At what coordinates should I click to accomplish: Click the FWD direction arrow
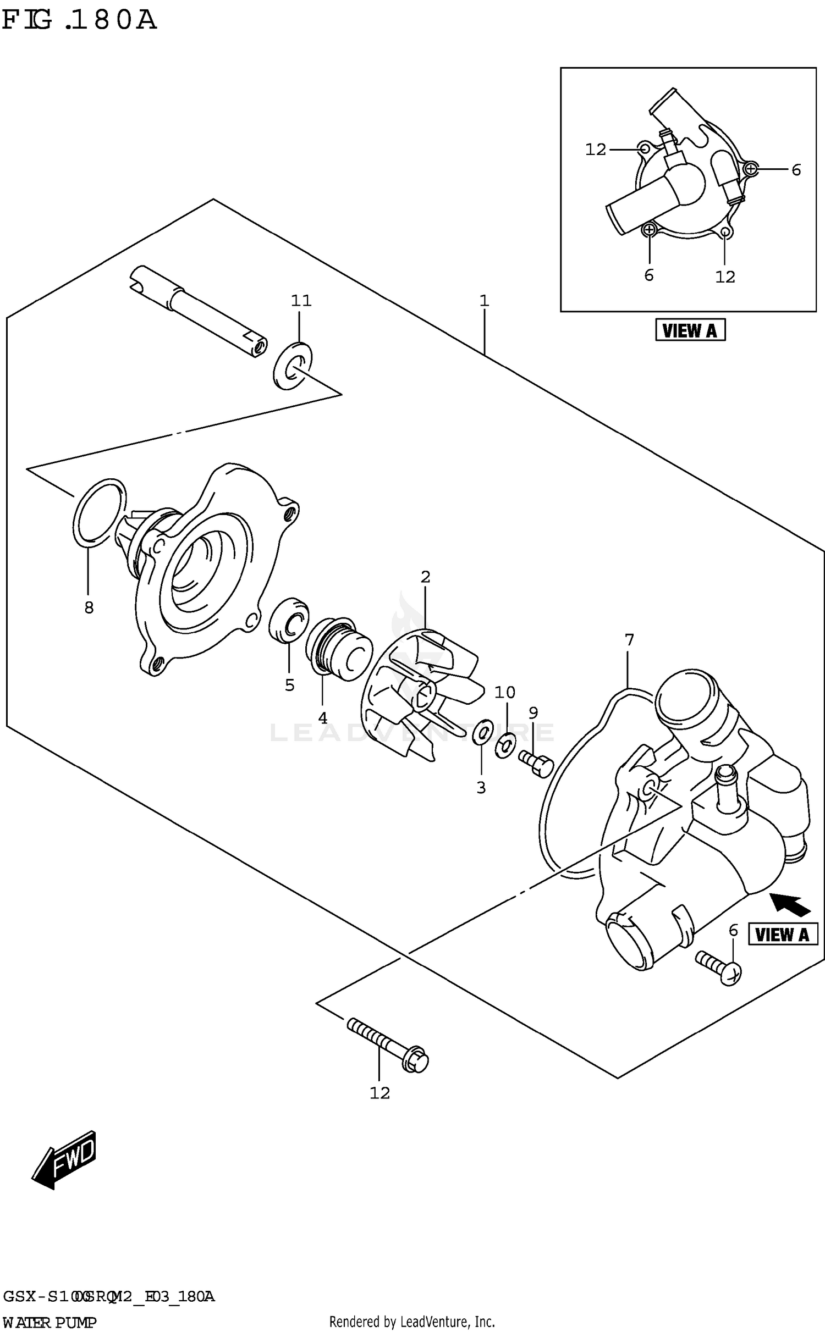click(x=65, y=1159)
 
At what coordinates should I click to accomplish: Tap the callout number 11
click(x=301, y=301)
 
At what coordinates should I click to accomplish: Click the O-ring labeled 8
click(x=99, y=513)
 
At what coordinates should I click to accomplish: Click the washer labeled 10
click(x=505, y=745)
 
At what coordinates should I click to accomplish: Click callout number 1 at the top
click(x=484, y=301)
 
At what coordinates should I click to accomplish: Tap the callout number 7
click(x=629, y=640)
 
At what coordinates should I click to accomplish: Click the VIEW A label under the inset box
click(x=690, y=330)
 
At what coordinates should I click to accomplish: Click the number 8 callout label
click(x=89, y=607)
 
